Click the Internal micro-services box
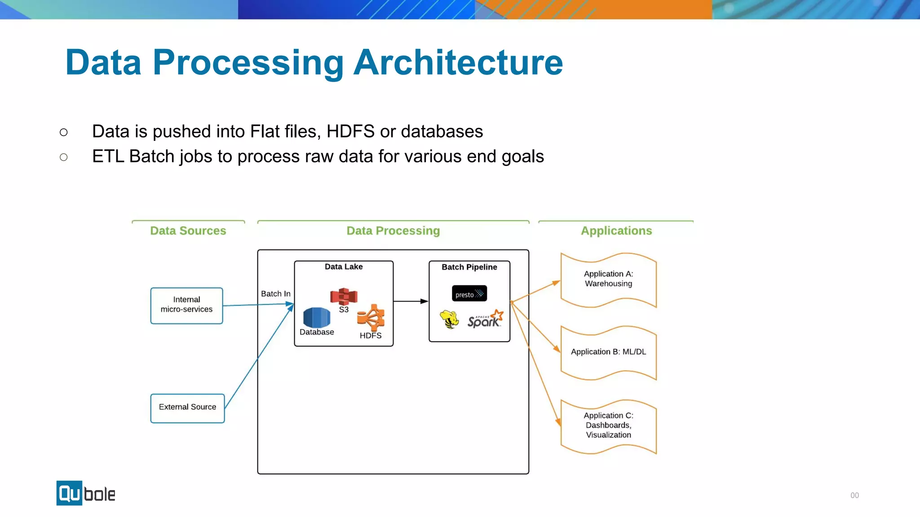pyautogui.click(x=186, y=305)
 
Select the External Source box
pyautogui.click(x=187, y=407)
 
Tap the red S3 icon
pyautogui.click(x=344, y=296)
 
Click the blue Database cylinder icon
pyautogui.click(x=317, y=317)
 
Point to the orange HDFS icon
pyautogui.click(x=371, y=318)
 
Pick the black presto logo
pyautogui.click(x=469, y=294)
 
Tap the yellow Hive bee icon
pyautogui.click(x=449, y=320)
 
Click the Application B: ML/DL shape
pyautogui.click(x=608, y=353)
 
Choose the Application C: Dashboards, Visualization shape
pyautogui.click(x=608, y=425)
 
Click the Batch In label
pyautogui.click(x=275, y=294)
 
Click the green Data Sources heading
pyautogui.click(x=188, y=231)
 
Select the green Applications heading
pyautogui.click(x=616, y=231)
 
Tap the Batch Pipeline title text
pyautogui.click(x=469, y=267)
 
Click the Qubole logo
pyautogui.click(x=86, y=493)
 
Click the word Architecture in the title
pyautogui.click(x=458, y=62)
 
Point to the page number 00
pyautogui.click(x=854, y=495)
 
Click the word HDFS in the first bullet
pyautogui.click(x=350, y=131)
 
